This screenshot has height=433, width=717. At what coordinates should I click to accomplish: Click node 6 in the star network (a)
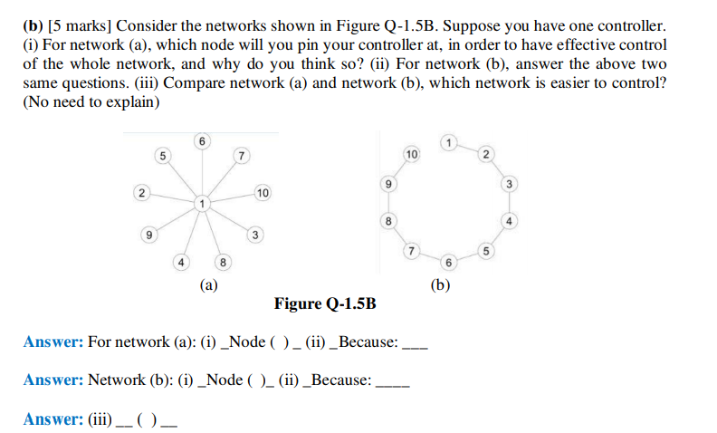[x=202, y=140]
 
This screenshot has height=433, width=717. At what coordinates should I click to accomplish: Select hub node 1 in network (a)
[x=204, y=201]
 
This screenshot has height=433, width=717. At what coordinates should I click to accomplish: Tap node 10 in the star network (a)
[x=263, y=193]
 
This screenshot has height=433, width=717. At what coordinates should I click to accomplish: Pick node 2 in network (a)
[x=140, y=193]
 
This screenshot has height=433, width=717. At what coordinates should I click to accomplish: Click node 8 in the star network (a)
[x=225, y=263]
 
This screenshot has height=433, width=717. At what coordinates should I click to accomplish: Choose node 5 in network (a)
[x=163, y=155]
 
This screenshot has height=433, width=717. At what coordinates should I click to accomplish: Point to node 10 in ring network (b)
[x=410, y=154]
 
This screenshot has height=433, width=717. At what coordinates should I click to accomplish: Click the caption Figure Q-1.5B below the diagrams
[x=325, y=303]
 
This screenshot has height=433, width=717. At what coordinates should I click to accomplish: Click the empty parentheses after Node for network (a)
[x=283, y=342]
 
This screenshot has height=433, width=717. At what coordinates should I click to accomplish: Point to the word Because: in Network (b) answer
[x=341, y=380]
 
